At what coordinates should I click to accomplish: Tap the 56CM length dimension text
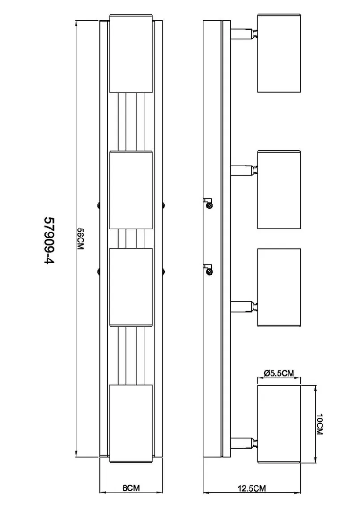(80, 239)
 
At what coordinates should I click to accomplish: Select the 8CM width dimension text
(131, 488)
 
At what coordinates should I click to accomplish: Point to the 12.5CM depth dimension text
(252, 488)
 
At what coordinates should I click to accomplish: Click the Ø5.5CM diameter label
(279, 373)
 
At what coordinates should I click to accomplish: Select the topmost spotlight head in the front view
(131, 53)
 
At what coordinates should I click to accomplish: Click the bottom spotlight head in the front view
(131, 424)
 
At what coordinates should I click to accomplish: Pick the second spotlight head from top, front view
(131, 190)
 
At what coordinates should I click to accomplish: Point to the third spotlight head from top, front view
(131, 287)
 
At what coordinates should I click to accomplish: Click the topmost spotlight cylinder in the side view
(279, 53)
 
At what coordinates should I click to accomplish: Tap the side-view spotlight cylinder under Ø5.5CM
(279, 424)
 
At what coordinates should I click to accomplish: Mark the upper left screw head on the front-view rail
(97, 205)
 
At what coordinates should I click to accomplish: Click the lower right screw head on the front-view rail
(164, 270)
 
